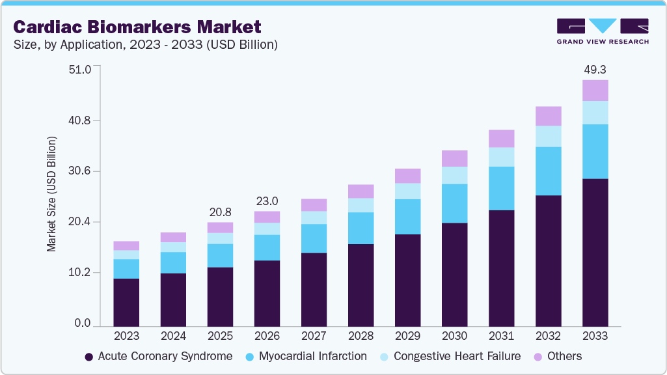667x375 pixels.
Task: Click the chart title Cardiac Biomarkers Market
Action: point(137,27)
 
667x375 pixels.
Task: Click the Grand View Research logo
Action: point(603,31)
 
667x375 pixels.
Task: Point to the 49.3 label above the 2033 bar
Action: point(595,69)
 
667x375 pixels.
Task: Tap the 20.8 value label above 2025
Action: point(220,212)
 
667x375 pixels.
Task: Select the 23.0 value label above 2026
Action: point(267,201)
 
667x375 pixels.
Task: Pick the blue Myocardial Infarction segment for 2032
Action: point(548,171)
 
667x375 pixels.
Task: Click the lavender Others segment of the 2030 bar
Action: point(454,158)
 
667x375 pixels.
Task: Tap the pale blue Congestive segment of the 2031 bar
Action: point(501,157)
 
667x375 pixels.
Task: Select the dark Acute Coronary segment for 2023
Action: point(126,302)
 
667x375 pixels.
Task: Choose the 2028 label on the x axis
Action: point(361,336)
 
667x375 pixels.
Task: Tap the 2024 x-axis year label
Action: point(173,336)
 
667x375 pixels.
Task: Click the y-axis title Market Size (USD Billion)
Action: point(51,195)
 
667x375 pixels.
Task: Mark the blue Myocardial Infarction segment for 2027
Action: point(314,238)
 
